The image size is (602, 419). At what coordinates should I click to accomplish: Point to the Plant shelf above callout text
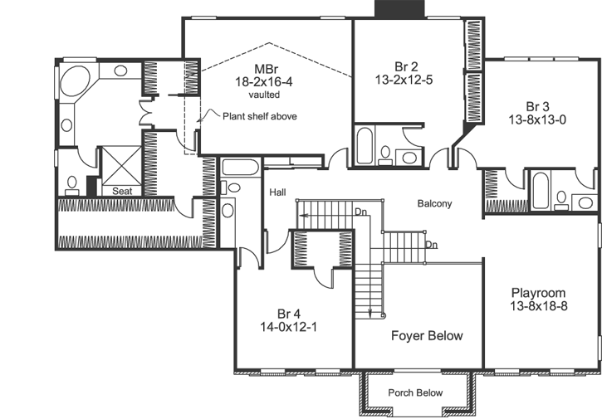point(259,116)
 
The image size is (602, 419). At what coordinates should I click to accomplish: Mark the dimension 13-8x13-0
point(540,119)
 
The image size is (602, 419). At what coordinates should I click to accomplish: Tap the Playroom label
point(538,293)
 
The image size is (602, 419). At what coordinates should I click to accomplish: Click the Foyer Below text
point(427,336)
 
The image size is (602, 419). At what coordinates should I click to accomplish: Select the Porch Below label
point(416,392)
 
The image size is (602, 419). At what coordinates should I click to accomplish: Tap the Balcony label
point(434,203)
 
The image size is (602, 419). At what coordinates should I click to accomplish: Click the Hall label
point(277,192)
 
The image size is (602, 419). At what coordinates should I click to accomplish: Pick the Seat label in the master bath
point(121,191)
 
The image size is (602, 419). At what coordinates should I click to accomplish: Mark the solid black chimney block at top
point(401,8)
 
